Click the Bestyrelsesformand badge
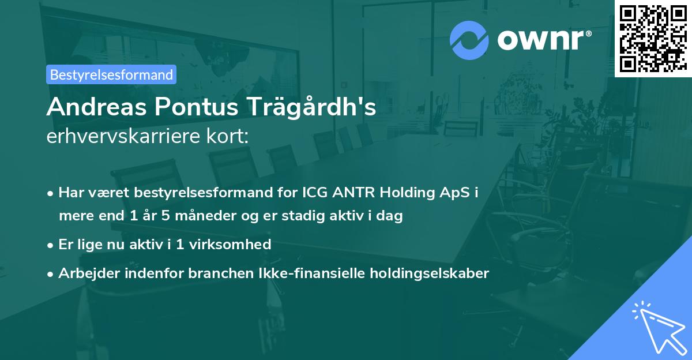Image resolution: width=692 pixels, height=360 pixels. [111, 74]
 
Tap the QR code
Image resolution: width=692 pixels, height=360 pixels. [653, 38]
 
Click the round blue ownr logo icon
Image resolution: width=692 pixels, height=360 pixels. [469, 40]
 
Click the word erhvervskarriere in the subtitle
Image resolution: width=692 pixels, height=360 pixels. [115, 137]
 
